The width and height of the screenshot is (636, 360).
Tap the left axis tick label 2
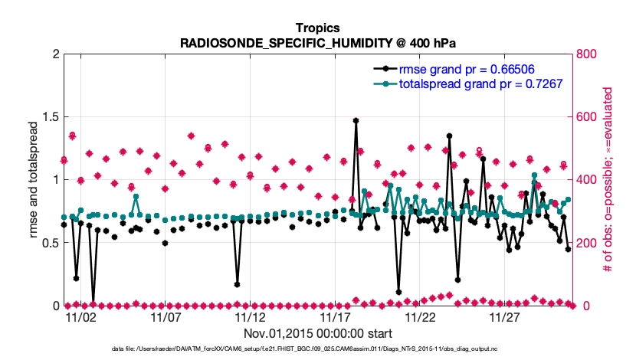(54, 54)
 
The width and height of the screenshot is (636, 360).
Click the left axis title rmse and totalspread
(34, 179)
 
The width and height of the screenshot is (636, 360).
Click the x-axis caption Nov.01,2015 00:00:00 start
(318, 333)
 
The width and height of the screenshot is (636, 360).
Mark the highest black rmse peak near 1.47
(356, 120)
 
